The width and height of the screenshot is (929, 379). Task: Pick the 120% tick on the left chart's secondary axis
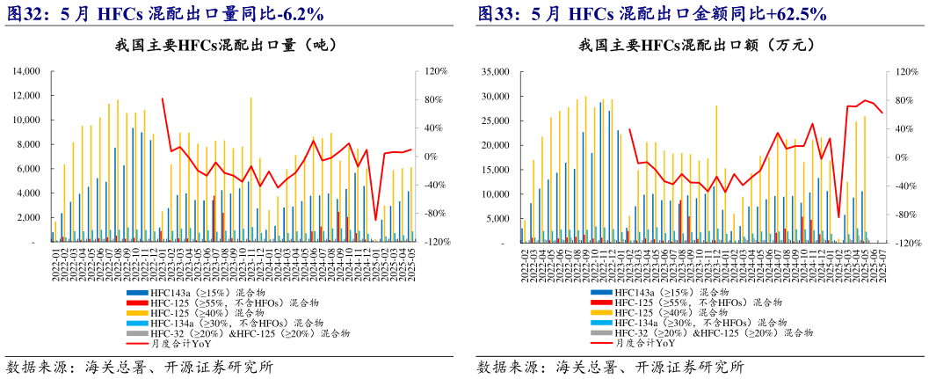point(426,71)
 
